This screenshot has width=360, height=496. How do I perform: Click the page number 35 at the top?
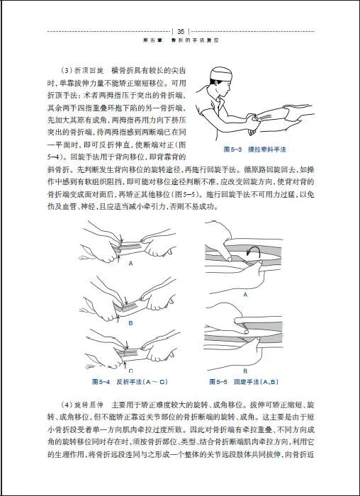pyautogui.click(x=181, y=31)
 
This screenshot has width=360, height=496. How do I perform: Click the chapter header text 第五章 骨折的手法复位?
pyautogui.click(x=181, y=40)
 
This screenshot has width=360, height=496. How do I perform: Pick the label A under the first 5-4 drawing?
pyautogui.click(x=131, y=262)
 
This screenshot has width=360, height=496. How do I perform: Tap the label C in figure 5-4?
pyautogui.click(x=130, y=370)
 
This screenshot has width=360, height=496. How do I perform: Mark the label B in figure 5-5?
pyautogui.click(x=245, y=370)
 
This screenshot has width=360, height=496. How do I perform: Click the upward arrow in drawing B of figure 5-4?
pyautogui.click(x=128, y=310)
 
